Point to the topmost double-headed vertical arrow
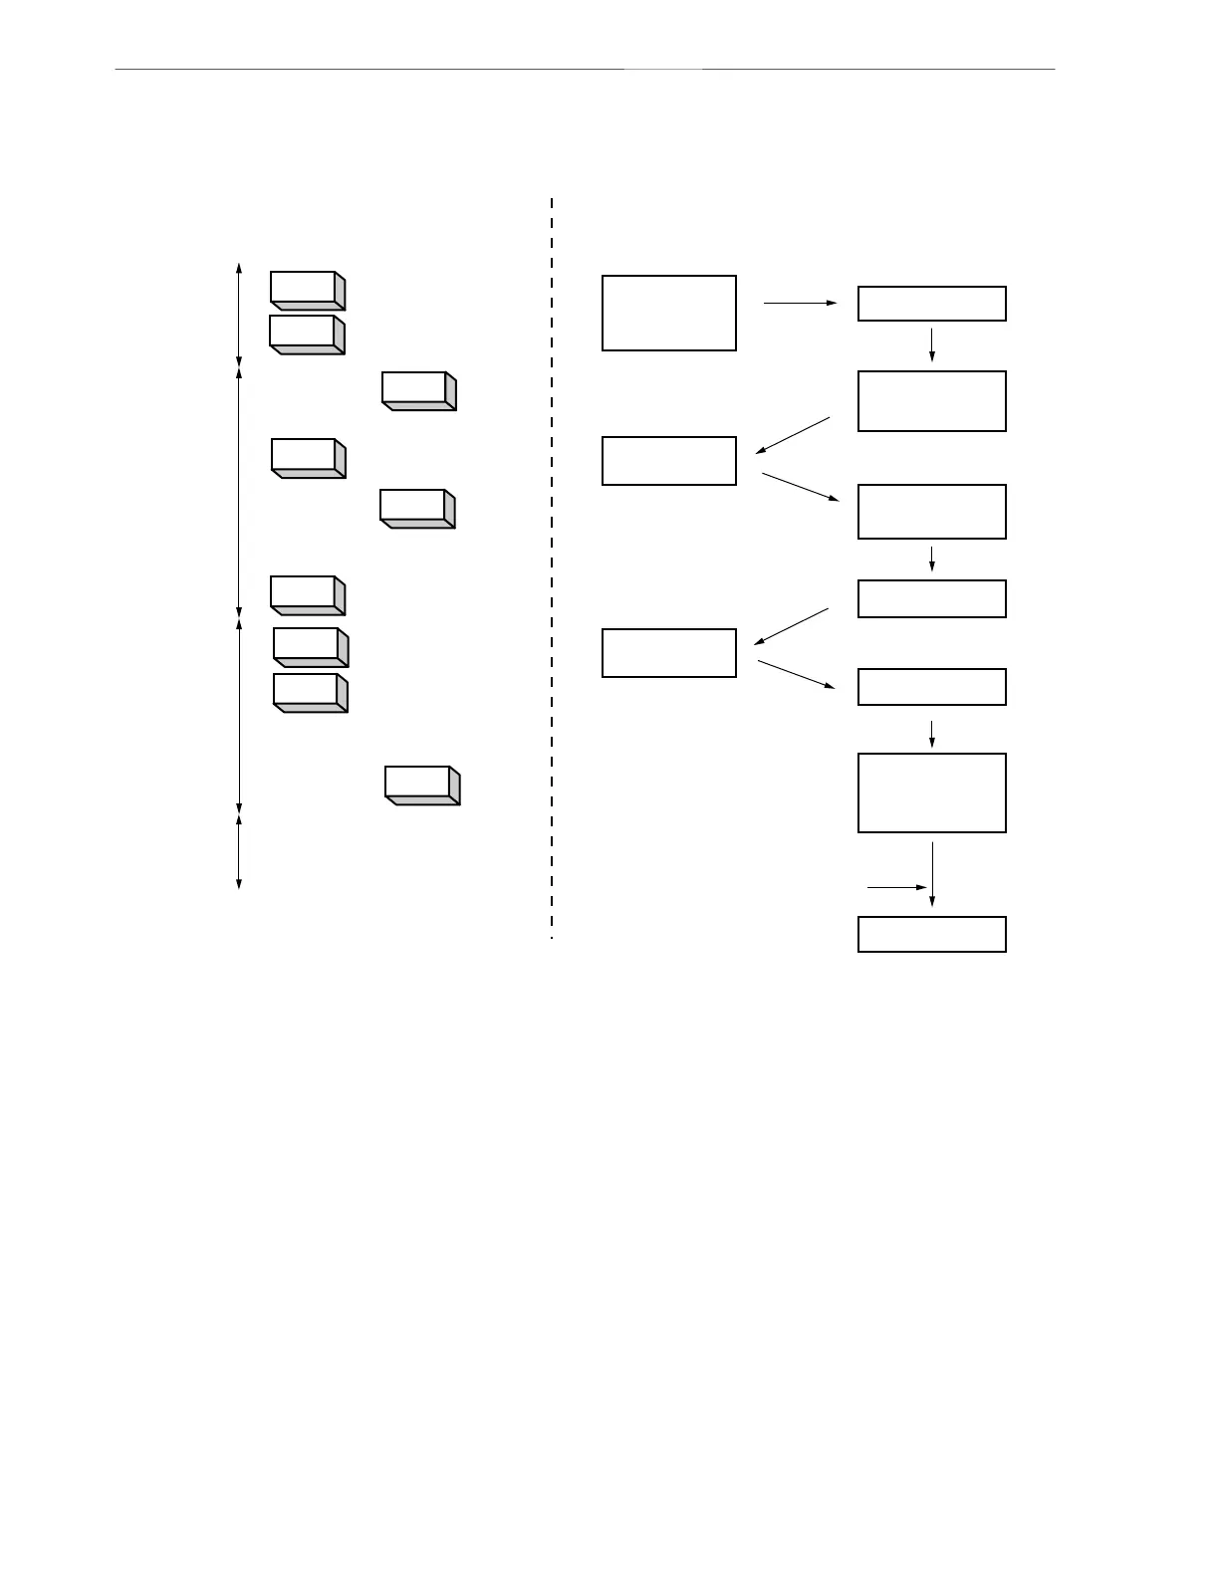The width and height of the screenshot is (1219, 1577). click(239, 315)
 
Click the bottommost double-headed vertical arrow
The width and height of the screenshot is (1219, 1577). click(239, 851)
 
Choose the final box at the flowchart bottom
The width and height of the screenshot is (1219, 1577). click(931, 934)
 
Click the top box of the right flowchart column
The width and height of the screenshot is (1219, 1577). click(931, 304)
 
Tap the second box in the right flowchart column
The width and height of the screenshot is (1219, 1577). click(931, 401)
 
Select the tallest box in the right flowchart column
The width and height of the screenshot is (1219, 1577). click(931, 792)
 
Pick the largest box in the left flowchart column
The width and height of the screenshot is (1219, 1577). click(669, 313)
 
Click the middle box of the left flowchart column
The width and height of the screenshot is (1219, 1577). click(669, 461)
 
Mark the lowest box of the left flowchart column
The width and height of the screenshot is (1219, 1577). click(669, 653)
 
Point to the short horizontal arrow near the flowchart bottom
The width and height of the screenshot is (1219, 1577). click(897, 886)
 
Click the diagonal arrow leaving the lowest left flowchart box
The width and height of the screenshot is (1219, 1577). click(797, 674)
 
